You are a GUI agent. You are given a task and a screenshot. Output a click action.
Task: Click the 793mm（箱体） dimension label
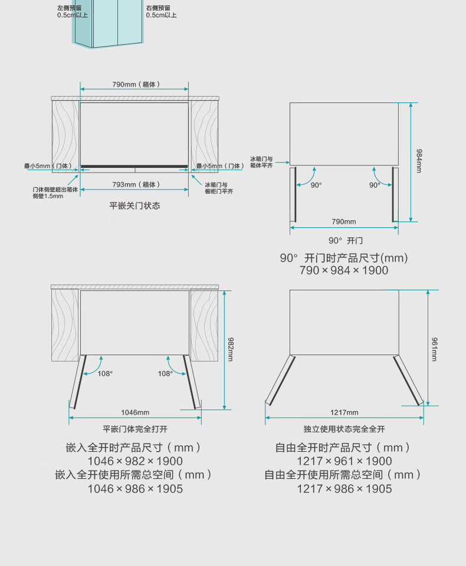click(136, 184)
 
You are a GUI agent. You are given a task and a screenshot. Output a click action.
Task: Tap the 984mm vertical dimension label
click(419, 161)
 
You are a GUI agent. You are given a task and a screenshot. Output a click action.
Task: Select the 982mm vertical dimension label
click(231, 349)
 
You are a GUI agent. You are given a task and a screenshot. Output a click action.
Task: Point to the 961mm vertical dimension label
click(435, 349)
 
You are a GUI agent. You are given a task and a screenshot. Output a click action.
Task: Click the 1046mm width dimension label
click(135, 412)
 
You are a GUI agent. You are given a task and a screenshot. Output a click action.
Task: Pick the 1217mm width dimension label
click(344, 412)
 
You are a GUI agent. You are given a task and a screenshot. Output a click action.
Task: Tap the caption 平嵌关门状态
click(135, 206)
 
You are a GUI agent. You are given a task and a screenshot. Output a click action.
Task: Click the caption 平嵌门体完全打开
click(135, 429)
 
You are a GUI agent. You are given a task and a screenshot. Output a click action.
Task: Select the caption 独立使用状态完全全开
click(344, 429)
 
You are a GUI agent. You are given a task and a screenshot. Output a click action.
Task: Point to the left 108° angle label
click(105, 373)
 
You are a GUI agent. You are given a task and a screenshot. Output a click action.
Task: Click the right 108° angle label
click(165, 373)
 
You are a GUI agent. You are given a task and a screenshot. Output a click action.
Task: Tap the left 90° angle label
click(316, 185)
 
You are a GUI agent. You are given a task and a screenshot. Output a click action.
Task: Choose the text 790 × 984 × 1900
click(344, 270)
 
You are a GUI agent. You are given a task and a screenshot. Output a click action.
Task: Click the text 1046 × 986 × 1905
click(135, 489)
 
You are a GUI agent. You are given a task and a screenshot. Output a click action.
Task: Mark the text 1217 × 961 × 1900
click(344, 461)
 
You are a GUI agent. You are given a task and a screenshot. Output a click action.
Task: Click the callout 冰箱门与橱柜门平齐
click(219, 188)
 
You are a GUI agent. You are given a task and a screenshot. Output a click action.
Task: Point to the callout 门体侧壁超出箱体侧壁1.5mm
click(55, 193)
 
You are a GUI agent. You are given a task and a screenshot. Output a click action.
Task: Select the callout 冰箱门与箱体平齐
click(262, 162)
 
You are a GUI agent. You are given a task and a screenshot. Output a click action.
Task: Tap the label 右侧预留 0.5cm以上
click(161, 12)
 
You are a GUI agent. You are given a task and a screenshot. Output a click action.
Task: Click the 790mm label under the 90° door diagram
click(344, 221)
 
